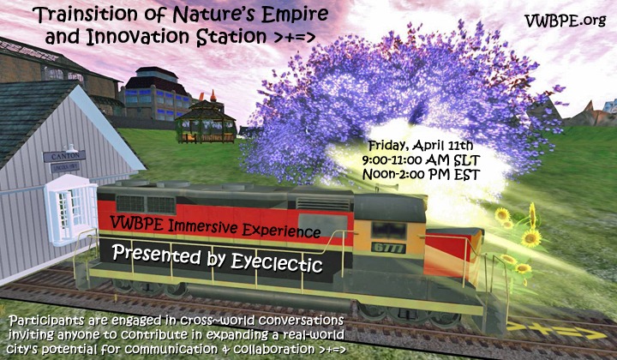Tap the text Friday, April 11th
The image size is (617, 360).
pos(415,143)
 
